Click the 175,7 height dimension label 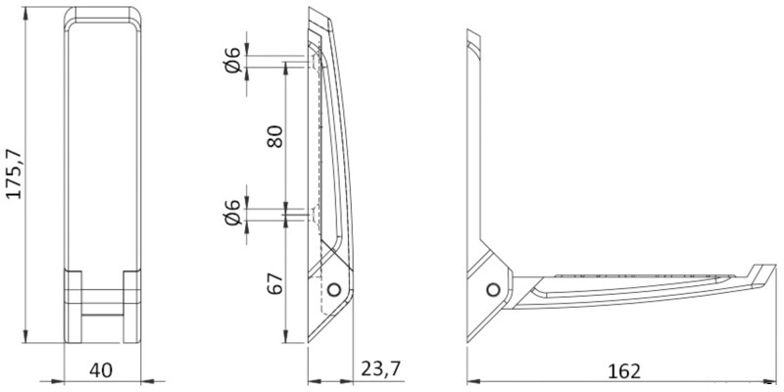click(x=15, y=173)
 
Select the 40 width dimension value click(x=101, y=371)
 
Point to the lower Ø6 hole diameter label click(x=233, y=213)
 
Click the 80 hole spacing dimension click(x=275, y=136)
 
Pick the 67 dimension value click(x=275, y=283)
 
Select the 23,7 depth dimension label click(x=381, y=369)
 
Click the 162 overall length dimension click(x=624, y=371)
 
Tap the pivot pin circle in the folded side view click(x=333, y=289)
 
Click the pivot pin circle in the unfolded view click(x=493, y=289)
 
